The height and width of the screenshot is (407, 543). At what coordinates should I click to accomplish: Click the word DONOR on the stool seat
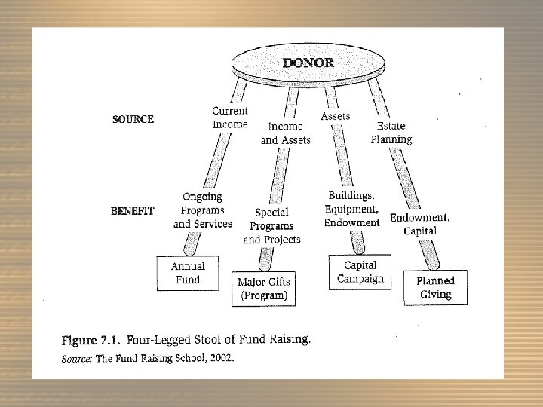(308, 63)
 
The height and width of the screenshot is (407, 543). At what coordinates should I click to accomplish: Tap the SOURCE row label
(133, 119)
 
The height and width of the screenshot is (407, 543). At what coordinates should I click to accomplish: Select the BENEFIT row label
(132, 211)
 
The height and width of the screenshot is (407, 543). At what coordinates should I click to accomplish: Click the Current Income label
(229, 118)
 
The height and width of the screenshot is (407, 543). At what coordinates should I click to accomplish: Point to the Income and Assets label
(285, 133)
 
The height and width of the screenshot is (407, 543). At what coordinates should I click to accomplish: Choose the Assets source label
(335, 116)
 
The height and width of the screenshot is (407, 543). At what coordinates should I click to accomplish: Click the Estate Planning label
(391, 133)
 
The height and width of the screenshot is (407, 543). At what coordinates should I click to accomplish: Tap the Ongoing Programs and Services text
(202, 210)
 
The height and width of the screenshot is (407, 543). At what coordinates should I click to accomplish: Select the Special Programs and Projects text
(271, 225)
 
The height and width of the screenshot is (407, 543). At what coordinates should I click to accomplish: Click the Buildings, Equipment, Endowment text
(352, 209)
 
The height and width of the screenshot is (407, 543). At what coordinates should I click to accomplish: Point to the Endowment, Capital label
(419, 224)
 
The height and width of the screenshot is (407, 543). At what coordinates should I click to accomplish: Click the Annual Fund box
(188, 273)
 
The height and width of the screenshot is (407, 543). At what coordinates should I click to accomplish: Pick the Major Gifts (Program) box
(264, 289)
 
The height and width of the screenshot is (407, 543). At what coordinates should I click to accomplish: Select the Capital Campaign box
(360, 272)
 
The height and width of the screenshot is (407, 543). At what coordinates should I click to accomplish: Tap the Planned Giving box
(435, 287)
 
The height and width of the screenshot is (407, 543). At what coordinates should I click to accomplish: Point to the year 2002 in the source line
(221, 358)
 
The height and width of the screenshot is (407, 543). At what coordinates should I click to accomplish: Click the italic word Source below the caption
(76, 358)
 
